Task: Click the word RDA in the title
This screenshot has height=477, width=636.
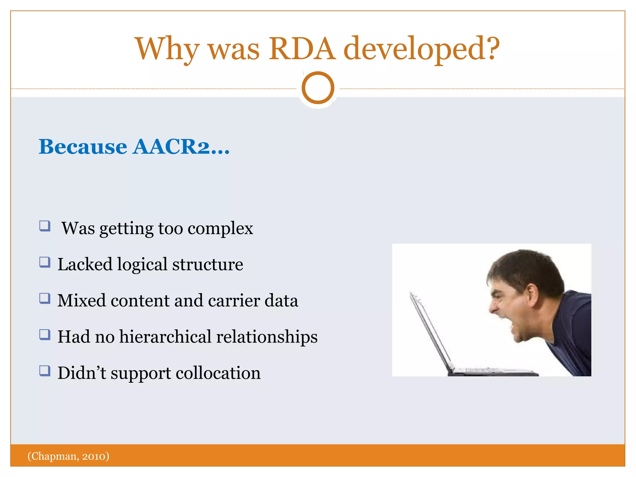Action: pyautogui.click(x=302, y=49)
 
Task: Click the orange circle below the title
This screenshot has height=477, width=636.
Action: pyautogui.click(x=318, y=88)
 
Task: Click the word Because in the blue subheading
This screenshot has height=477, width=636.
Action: pyautogui.click(x=83, y=147)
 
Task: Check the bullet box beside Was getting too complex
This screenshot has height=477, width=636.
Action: pyautogui.click(x=45, y=226)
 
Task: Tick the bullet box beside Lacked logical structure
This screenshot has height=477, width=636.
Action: pyautogui.click(x=45, y=262)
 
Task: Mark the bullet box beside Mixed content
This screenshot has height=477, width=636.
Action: pyautogui.click(x=45, y=298)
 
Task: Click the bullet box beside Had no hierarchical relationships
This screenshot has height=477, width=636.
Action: pyautogui.click(x=45, y=334)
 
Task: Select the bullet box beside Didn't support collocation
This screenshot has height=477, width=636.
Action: pyautogui.click(x=45, y=370)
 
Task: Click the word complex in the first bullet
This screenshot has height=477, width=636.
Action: pyautogui.click(x=220, y=229)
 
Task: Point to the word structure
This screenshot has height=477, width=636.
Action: pyautogui.click(x=207, y=265)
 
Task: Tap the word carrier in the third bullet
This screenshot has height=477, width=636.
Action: pyautogui.click(x=234, y=301)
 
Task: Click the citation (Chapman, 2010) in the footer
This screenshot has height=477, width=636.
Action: pyautogui.click(x=68, y=456)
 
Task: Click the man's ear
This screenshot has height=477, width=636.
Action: pyautogui.click(x=532, y=295)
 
